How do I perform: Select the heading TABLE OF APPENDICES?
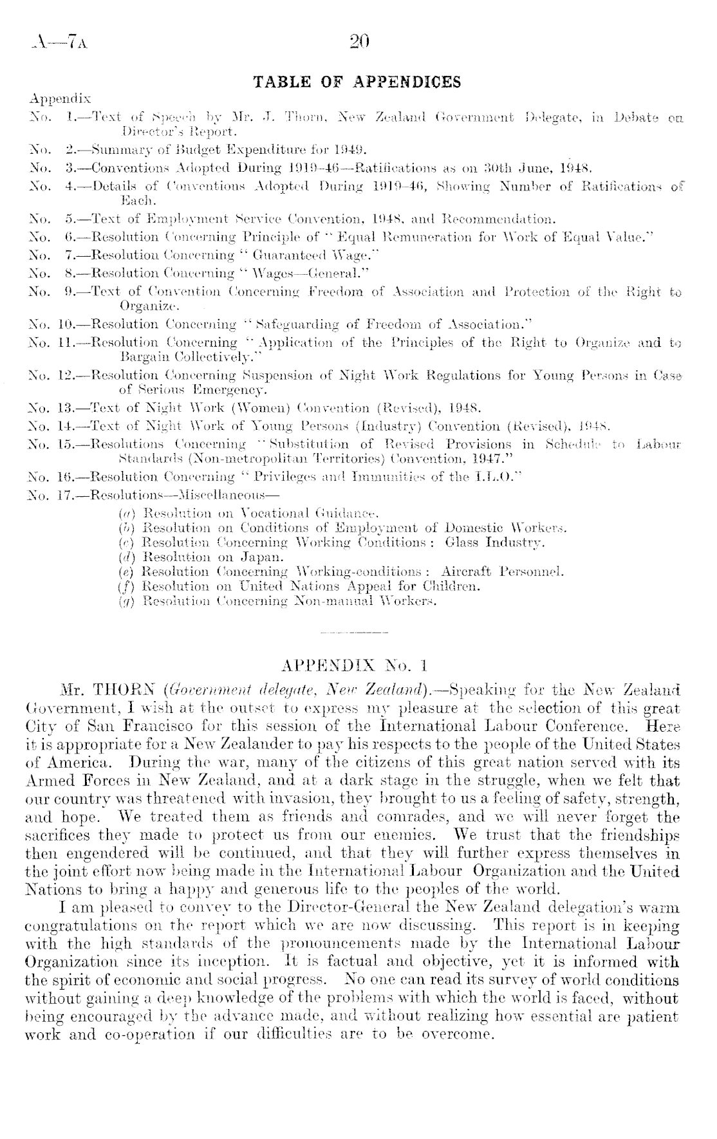pos(358,82)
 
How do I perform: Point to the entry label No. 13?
pos(45,407)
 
